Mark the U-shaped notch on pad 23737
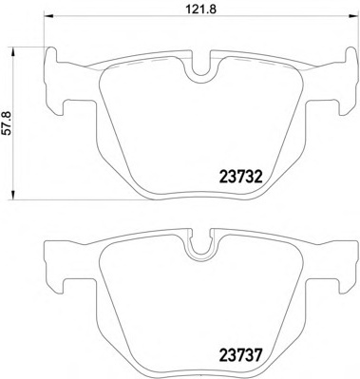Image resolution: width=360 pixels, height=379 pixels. (x=199, y=250)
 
